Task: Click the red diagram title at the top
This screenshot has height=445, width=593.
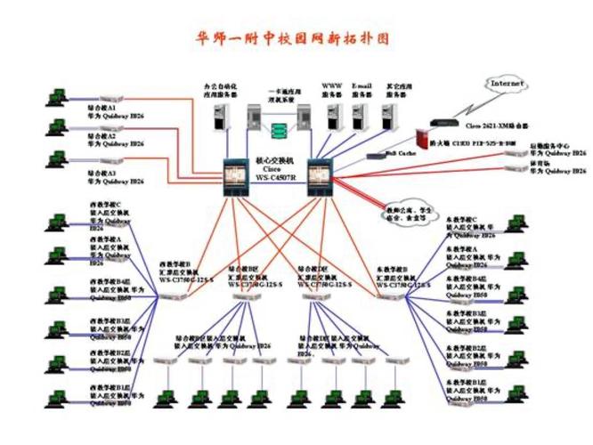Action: point(293,39)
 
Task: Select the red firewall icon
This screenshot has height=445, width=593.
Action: point(423,139)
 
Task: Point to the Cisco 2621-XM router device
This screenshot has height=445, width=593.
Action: point(446,122)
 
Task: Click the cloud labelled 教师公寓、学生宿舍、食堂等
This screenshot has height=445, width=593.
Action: point(405,212)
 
